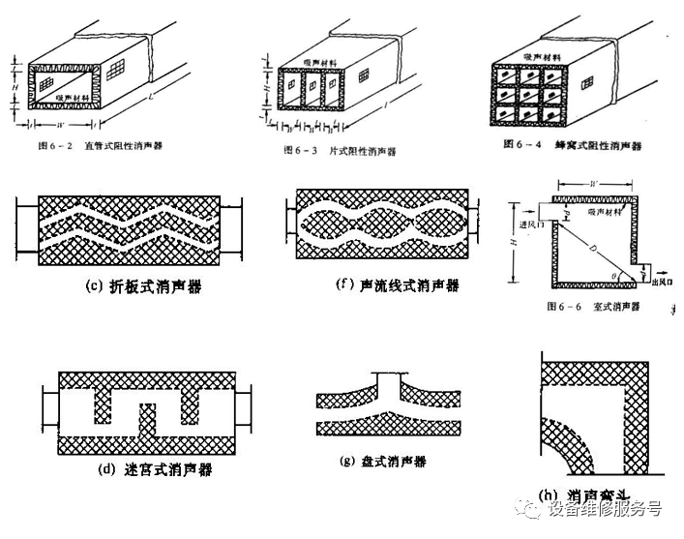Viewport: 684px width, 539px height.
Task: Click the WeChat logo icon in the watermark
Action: (x=529, y=506)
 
